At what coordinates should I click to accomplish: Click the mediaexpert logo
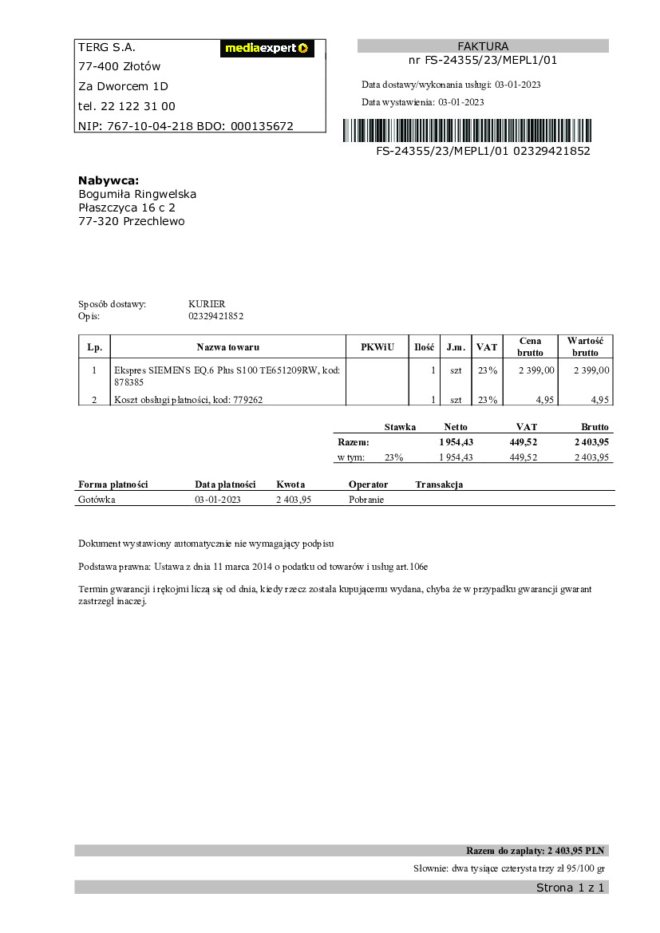[267, 49]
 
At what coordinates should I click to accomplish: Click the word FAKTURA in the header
[483, 46]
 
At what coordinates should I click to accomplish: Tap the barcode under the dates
[468, 131]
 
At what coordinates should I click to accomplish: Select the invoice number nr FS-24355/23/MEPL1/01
[483, 60]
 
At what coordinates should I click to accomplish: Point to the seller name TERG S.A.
[101, 47]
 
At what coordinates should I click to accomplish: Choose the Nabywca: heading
[109, 180]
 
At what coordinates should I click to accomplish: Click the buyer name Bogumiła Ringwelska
[137, 194]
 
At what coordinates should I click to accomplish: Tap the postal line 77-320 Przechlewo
[131, 221]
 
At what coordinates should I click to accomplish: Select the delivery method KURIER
[207, 304]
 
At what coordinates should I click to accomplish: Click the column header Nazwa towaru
[228, 347]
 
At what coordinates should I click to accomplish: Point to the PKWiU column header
[377, 347]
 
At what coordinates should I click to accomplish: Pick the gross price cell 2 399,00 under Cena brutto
[536, 370]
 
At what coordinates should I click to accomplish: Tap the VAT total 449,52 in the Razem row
[523, 442]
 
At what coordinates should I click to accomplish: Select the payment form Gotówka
[97, 500]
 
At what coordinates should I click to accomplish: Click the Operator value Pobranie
[366, 500]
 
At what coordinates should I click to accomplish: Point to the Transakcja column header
[439, 484]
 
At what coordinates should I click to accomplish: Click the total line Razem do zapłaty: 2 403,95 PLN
[536, 850]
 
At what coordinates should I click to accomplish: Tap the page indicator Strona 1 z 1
[570, 888]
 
